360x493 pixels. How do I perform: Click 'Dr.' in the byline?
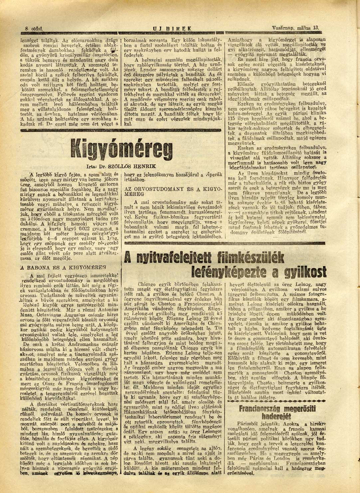(x=106, y=165)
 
